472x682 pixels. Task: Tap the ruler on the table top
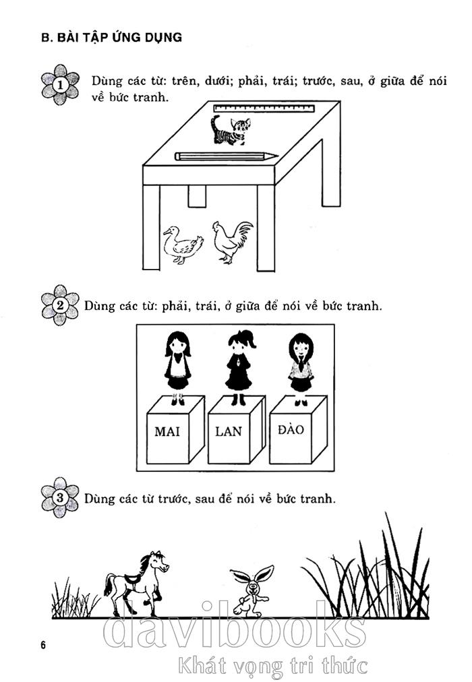point(264,108)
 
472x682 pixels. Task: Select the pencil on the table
point(226,156)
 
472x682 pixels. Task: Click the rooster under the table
point(232,242)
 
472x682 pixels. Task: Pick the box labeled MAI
point(175,430)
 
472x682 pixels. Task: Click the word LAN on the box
point(229,431)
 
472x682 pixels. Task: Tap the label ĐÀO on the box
point(291,429)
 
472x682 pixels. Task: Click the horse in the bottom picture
point(136,583)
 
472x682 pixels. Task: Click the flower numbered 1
point(60,84)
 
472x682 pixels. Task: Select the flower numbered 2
point(60,305)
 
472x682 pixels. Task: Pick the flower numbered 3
point(60,497)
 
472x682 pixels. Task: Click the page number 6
point(43,645)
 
